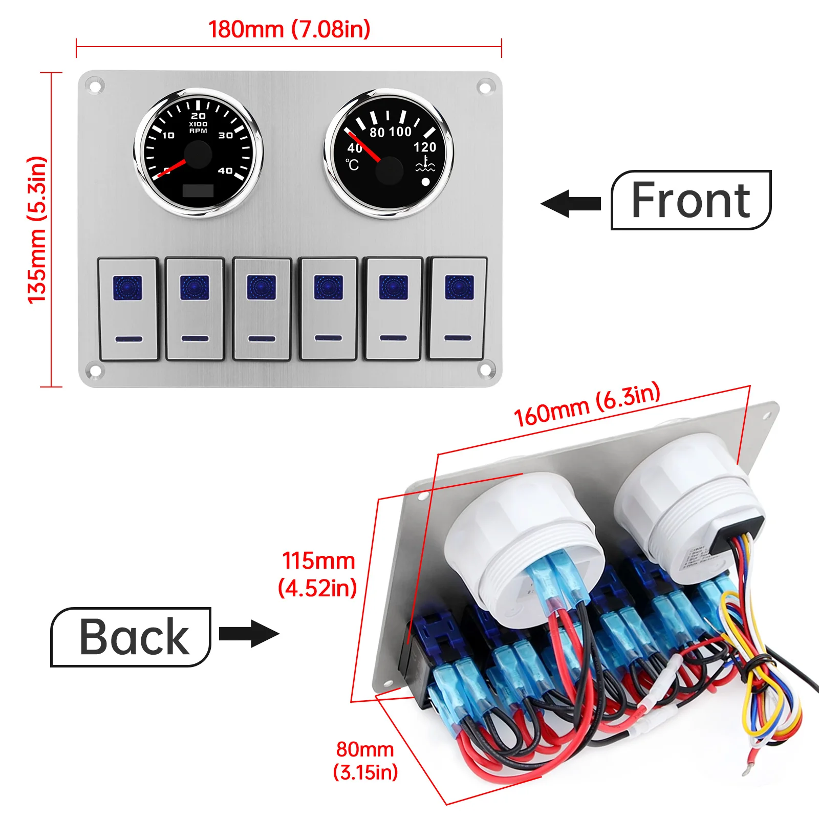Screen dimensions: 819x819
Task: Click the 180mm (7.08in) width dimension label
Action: [289, 29]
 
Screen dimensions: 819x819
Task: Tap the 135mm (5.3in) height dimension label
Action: [37, 230]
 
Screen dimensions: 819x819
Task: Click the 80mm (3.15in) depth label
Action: [365, 761]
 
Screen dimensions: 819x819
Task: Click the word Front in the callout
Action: [691, 200]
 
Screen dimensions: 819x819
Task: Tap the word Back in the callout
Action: [134, 637]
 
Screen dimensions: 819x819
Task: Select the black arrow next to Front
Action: [571, 203]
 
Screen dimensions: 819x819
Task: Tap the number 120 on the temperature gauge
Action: [425, 147]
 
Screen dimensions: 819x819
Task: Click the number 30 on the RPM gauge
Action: [226, 136]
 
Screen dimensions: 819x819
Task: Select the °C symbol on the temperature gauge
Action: [352, 165]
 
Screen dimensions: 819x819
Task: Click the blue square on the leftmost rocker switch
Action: [127, 288]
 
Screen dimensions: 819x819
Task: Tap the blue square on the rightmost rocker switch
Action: [459, 287]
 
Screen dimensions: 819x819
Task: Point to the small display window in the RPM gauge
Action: [198, 190]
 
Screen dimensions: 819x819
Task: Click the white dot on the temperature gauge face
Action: [425, 181]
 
